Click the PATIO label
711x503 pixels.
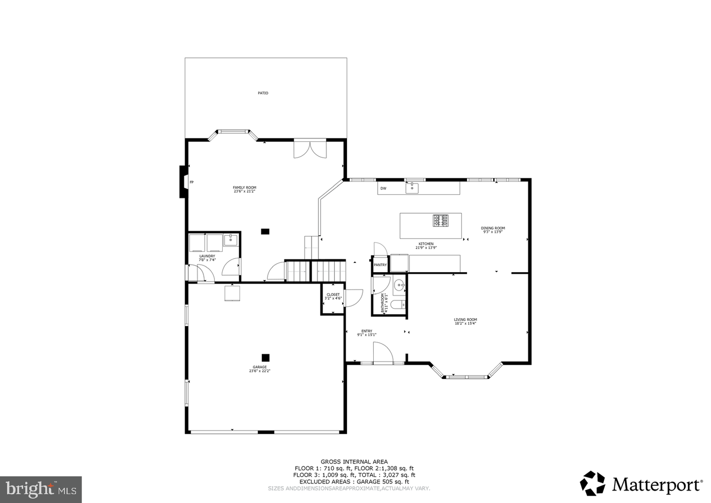(263, 93)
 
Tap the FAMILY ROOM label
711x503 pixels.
(244, 188)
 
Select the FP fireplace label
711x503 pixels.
(192, 183)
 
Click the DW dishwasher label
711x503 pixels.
(383, 189)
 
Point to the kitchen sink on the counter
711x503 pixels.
(411, 188)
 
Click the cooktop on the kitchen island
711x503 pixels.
(441, 220)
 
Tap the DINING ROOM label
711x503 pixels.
(493, 228)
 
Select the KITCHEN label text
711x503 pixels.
(426, 244)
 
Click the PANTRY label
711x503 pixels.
(380, 265)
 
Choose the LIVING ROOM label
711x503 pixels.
(465, 320)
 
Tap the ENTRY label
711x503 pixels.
(366, 331)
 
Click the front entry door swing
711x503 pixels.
(382, 353)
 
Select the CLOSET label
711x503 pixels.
(333, 295)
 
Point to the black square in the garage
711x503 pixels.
(266, 357)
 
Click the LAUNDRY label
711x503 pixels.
(206, 256)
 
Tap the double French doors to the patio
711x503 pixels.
(310, 149)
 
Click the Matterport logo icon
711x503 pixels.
(592, 483)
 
